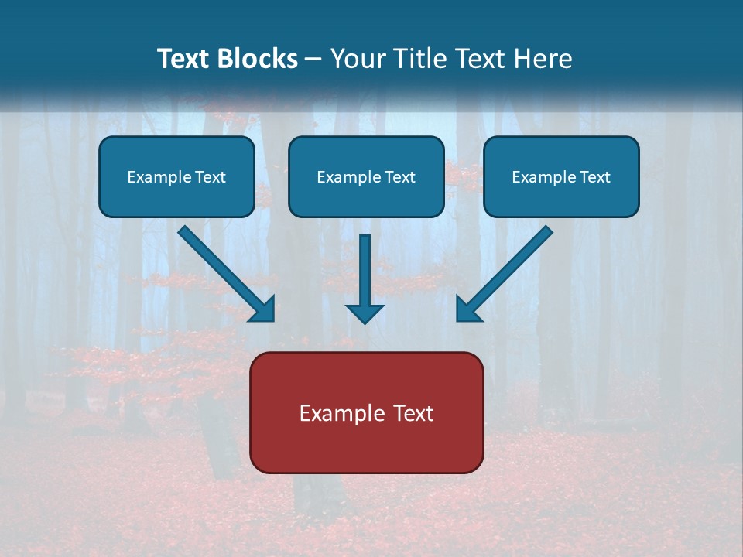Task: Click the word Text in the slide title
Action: pyautogui.click(x=183, y=59)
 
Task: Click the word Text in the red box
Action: pyautogui.click(x=414, y=413)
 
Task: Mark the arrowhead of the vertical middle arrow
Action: pyautogui.click(x=365, y=313)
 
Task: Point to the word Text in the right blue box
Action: pyautogui.click(x=595, y=177)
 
